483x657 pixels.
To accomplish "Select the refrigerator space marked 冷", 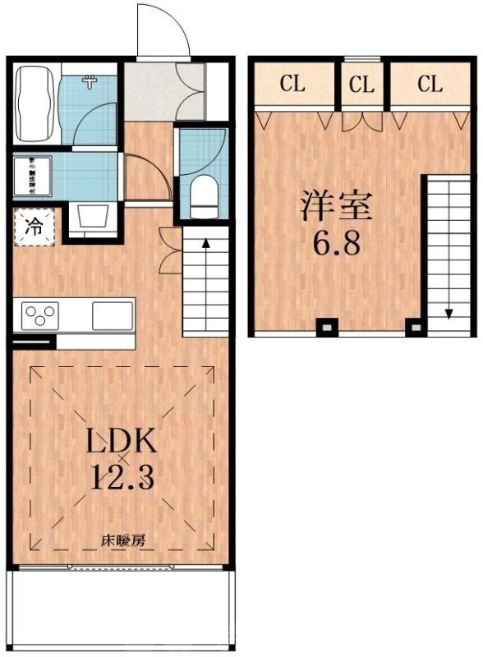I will (34, 227).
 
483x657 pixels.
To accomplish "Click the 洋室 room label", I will (336, 206).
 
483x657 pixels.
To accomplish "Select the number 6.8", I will (336, 243).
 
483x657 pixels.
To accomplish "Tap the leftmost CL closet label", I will (293, 84).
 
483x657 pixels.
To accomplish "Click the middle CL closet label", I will (361, 84).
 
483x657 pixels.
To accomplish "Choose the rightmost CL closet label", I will (430, 84).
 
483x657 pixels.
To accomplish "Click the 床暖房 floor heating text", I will (123, 541).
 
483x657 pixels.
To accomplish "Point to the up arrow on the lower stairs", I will (205, 243).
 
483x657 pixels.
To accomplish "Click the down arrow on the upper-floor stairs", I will (449, 313).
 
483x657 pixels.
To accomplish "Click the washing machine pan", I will (34, 175).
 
